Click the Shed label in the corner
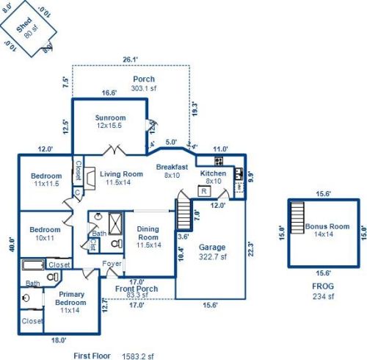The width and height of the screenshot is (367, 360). coord(30,28)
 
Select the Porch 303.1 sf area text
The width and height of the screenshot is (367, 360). coord(143,83)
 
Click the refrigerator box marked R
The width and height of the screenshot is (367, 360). coord(203,192)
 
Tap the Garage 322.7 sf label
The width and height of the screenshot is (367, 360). coord(213,253)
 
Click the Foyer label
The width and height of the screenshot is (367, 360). coord(112,264)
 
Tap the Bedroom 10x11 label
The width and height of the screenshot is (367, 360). coord(45,234)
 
